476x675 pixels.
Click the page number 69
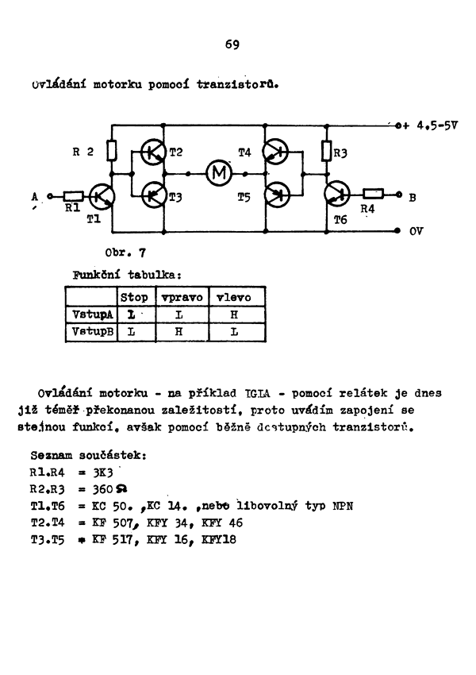click(x=232, y=44)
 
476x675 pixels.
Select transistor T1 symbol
click(x=102, y=195)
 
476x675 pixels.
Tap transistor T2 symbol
click(x=152, y=152)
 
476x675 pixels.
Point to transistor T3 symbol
click(x=152, y=193)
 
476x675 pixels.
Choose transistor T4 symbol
click(x=276, y=152)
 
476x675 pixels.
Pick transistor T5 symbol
click(x=276, y=193)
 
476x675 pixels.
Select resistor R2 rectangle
click(x=113, y=151)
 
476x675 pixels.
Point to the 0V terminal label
click(x=416, y=233)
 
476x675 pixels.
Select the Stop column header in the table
click(x=133, y=297)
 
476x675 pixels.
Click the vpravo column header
click(x=182, y=297)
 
